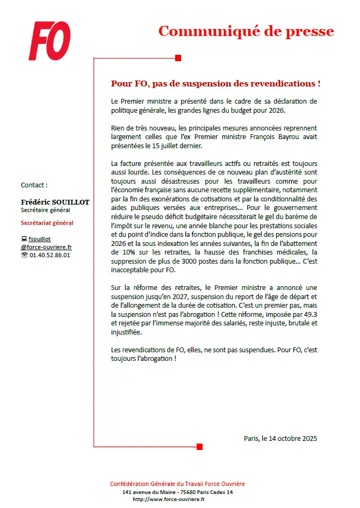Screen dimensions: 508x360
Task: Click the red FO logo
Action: point(49,41)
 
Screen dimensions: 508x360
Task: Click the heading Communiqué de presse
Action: point(246,31)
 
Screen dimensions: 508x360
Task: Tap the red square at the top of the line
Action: point(178,58)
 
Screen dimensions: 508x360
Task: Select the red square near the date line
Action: point(200,447)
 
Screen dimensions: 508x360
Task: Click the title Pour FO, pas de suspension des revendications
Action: point(215,84)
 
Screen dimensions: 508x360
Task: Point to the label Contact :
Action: point(34,185)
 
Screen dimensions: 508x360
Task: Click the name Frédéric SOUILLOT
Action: point(55,202)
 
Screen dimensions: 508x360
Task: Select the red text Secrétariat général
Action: point(47,223)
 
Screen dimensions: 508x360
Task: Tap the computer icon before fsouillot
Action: point(24,239)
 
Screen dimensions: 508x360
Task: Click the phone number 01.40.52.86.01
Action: point(49,255)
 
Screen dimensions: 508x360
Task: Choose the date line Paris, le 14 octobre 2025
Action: point(280,438)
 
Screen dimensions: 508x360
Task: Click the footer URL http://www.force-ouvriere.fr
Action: point(169,499)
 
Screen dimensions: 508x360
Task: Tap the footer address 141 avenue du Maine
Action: point(145,492)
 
